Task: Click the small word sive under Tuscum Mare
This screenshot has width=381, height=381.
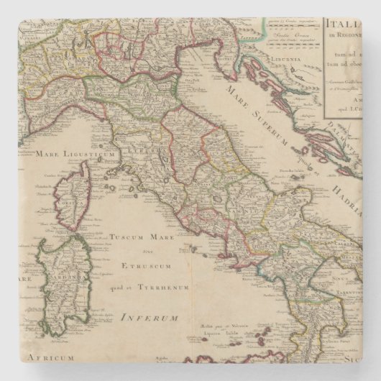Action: click(145, 250)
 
